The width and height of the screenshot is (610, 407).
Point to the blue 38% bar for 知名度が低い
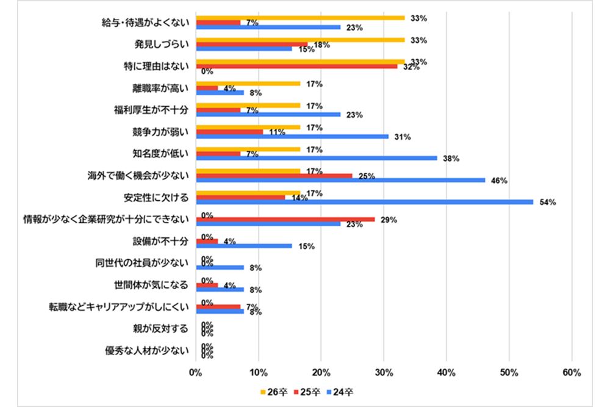point(317,158)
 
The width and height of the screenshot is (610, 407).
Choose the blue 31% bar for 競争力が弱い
point(292,136)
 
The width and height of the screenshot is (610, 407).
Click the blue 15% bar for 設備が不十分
point(244,246)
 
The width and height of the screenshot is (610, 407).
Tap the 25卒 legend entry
point(307,392)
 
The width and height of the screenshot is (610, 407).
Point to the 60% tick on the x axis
point(572,372)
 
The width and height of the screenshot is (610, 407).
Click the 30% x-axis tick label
point(384,372)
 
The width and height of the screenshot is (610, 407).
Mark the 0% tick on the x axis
point(196,372)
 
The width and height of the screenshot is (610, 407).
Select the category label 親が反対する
point(165,329)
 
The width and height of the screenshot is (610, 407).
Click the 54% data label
point(547,203)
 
